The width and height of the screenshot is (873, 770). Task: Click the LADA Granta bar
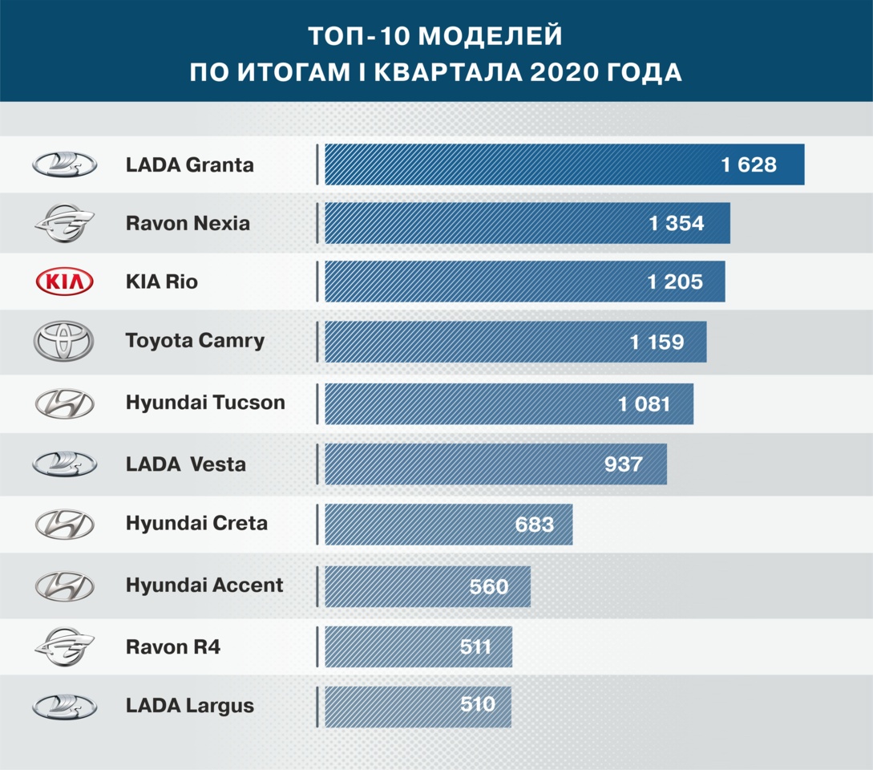click(x=564, y=164)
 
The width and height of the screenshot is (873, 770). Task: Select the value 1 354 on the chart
click(x=677, y=223)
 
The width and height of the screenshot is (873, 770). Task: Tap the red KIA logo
click(x=64, y=282)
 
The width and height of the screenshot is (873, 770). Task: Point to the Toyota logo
click(x=64, y=342)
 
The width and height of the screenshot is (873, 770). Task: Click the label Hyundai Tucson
click(x=205, y=403)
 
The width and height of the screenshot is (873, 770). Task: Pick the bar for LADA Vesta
click(x=495, y=464)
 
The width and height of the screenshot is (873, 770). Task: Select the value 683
click(x=535, y=525)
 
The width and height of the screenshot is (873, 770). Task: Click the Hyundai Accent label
click(x=204, y=586)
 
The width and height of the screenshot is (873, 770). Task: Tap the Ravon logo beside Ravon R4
click(x=64, y=646)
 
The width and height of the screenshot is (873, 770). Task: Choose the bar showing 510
click(x=418, y=706)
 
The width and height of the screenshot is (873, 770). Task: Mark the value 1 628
click(x=749, y=165)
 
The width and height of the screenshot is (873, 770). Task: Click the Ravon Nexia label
click(x=188, y=223)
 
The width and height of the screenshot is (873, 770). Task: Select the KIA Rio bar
click(x=524, y=282)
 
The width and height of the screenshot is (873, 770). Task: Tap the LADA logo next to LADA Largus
click(x=64, y=707)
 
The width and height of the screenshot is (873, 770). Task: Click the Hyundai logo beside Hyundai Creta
click(x=64, y=525)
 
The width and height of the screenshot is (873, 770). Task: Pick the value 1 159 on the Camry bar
click(x=657, y=342)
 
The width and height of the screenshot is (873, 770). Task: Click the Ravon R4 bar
click(x=418, y=646)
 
